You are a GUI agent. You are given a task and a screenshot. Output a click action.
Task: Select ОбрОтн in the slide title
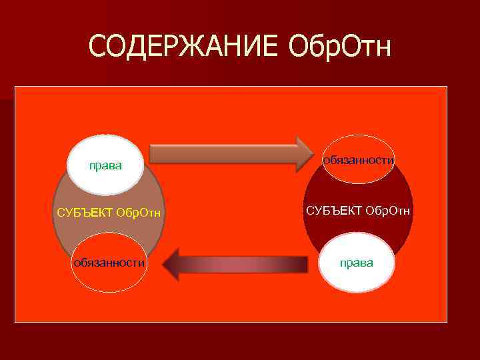point(340,46)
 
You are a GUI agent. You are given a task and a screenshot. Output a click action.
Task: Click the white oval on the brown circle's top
point(106,163)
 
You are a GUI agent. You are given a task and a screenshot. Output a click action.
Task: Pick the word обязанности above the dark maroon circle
point(359,160)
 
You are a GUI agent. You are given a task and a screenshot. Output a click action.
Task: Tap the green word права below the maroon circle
point(357,263)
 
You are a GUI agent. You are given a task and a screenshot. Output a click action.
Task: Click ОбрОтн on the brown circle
point(139,213)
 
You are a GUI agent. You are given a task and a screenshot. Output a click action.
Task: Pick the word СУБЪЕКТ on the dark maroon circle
point(333,211)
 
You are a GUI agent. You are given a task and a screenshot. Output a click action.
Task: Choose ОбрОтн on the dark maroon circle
point(388,211)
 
